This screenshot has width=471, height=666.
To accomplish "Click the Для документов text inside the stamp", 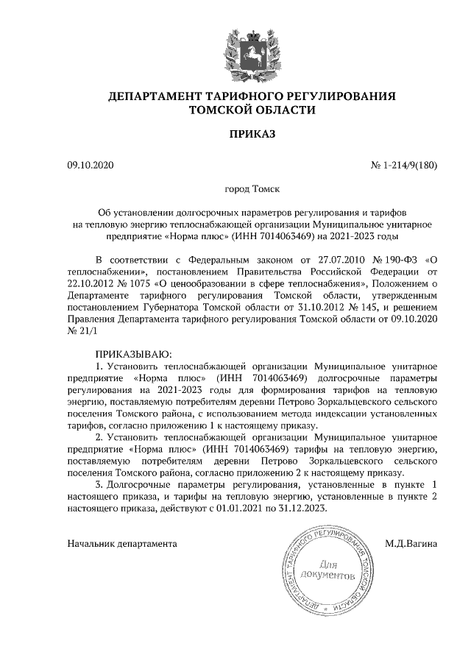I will click(328, 569).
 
